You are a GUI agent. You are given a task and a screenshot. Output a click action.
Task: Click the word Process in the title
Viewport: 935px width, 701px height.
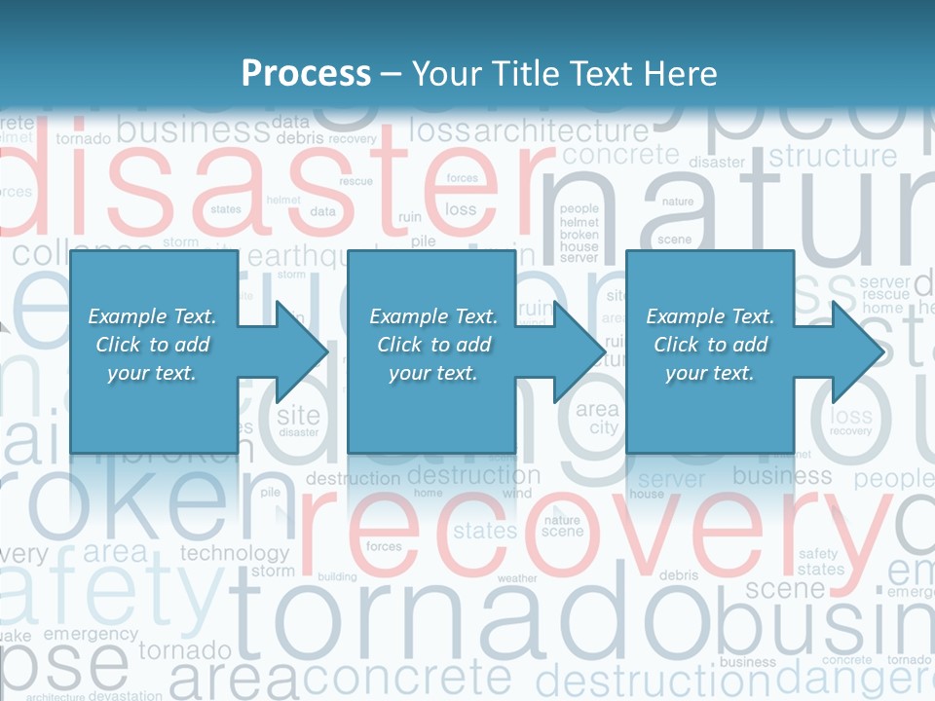click(306, 74)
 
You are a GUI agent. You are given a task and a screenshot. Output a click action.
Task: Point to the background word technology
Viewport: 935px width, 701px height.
click(235, 553)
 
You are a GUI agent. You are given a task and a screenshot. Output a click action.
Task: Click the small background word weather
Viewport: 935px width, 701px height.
click(516, 578)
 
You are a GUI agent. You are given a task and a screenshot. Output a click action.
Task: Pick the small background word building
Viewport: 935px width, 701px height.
click(337, 576)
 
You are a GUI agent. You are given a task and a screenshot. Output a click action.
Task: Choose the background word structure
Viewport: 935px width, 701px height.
click(833, 156)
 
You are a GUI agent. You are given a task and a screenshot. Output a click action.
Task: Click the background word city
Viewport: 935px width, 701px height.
click(604, 427)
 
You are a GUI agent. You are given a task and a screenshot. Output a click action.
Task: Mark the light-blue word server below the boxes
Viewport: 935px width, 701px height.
click(671, 479)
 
